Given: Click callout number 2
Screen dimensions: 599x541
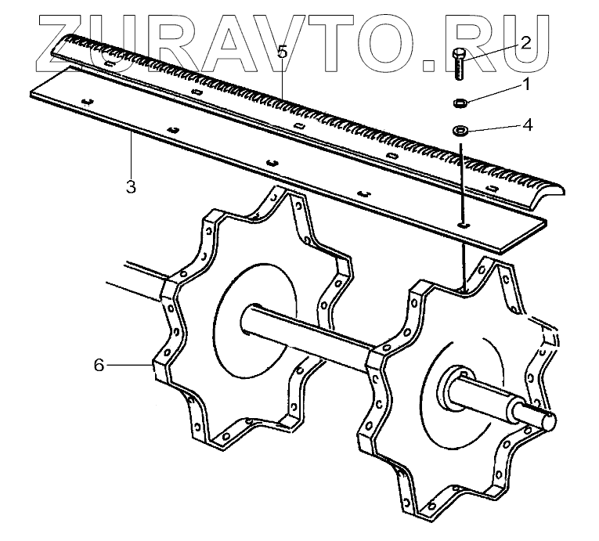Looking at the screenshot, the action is pyautogui.click(x=525, y=43).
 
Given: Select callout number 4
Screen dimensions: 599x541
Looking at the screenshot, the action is pyautogui.click(x=529, y=124).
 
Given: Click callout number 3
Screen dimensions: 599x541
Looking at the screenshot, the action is pyautogui.click(x=131, y=186).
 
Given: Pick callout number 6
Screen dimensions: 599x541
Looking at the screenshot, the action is pyautogui.click(x=99, y=366).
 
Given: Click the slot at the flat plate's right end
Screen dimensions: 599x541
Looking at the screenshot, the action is pyautogui.click(x=464, y=225).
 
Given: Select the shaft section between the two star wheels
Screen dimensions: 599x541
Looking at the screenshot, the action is pyautogui.click(x=313, y=337).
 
